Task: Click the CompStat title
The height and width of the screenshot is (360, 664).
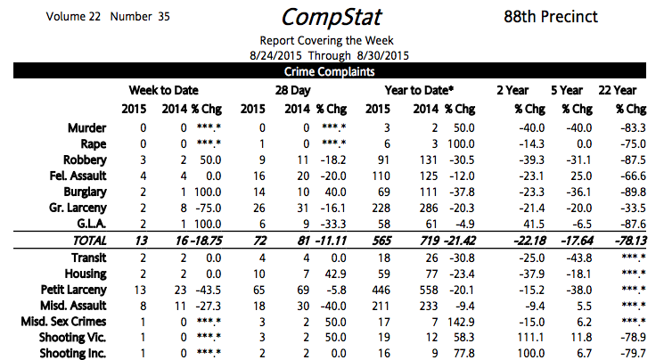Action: point(332,17)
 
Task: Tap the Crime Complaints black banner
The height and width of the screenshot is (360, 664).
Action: point(332,72)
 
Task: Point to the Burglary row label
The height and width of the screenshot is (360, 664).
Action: point(86,191)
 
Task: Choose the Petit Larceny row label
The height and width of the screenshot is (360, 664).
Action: point(75,290)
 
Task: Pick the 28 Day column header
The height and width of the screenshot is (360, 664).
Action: point(292,90)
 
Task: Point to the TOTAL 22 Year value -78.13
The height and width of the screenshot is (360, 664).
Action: point(619,241)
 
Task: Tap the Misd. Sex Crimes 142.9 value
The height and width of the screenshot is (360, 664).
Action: point(463,322)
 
